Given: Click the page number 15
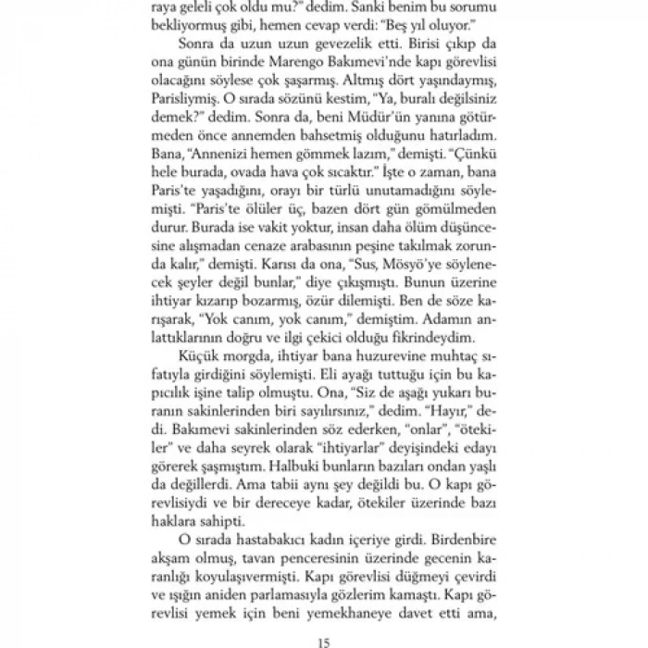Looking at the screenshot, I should (x=323, y=638).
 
